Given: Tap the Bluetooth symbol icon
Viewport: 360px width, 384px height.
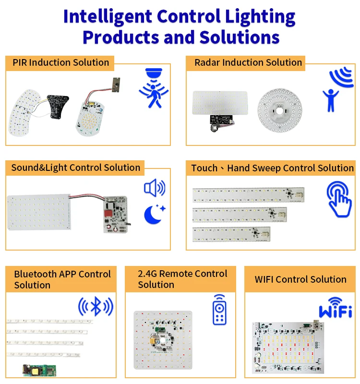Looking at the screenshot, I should tap(96, 306).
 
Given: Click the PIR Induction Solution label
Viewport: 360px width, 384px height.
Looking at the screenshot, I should tap(60, 62).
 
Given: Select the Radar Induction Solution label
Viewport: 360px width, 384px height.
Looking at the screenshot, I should tap(248, 62).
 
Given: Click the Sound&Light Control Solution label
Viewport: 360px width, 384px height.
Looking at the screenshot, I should tap(75, 168).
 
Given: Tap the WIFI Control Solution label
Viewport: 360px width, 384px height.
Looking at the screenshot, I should tap(300, 279).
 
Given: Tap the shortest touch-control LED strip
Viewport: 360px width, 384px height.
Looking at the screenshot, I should tap(231, 234).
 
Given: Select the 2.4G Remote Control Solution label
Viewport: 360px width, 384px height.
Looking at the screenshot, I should tap(182, 279).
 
